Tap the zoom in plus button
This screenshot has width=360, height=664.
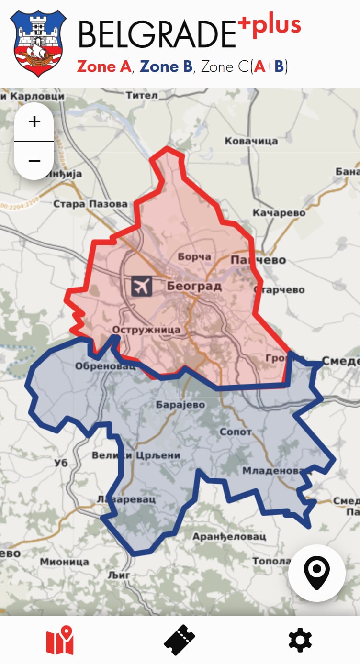pos(34,122)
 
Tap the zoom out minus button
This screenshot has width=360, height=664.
pos(34,161)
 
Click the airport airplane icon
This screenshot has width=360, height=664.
pos(141,286)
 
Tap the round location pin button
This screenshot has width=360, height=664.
pos(316,573)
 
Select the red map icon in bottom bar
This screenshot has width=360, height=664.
pos(60,640)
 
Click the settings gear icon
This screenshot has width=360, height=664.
pos(300,640)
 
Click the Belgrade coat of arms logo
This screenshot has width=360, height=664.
pos(38,43)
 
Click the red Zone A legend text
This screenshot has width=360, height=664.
pos(104,66)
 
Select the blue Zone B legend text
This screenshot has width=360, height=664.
pos(166,66)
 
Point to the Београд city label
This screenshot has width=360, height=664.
pos(194,287)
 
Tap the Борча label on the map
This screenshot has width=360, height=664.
pos(194,257)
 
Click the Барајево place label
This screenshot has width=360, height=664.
pos(180,405)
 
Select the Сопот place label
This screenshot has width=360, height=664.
pos(236,432)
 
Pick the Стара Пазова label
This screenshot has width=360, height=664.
pos(90,204)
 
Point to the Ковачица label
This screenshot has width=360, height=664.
pos(251,141)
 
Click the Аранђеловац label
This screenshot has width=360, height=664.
pos(229,537)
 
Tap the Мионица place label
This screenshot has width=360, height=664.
pos(64,562)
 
